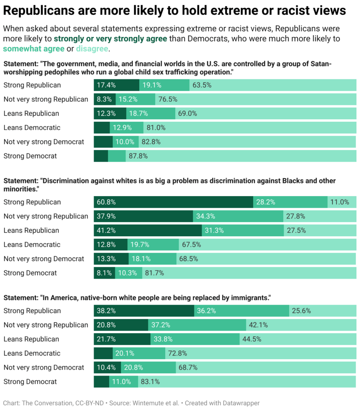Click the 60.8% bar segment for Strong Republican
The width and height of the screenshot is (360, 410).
pos(173,202)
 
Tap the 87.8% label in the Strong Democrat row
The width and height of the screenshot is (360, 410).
pos(138,156)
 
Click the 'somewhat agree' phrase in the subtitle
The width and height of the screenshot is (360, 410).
pos(34,49)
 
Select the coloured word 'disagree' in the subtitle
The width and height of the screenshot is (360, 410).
pos(92,49)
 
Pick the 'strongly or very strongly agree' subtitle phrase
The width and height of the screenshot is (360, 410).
pos(110,39)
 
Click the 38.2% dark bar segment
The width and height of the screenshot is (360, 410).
pos(144,311)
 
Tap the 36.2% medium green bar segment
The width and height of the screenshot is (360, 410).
pos(242,311)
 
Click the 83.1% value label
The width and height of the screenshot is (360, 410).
pos(150,382)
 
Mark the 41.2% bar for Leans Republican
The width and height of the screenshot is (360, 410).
pos(148,231)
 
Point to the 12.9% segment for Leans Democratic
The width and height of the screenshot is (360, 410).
pos(126,128)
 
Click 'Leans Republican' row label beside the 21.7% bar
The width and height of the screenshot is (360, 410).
pos(31,339)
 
